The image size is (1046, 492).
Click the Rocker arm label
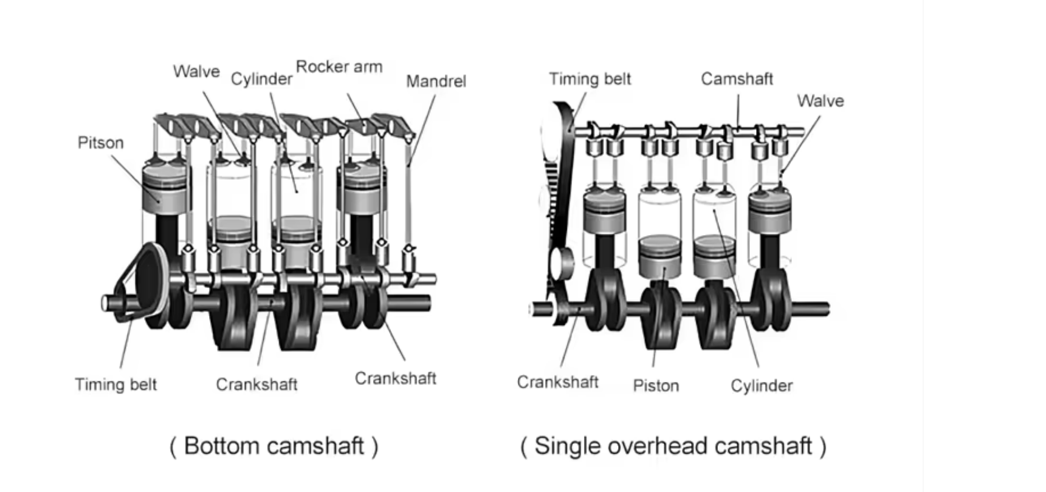[x=339, y=67]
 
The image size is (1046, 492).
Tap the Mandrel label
[x=436, y=81]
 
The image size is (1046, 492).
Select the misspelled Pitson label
[x=100, y=143]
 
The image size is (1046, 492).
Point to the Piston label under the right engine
[x=656, y=386]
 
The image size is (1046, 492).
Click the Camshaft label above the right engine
[x=737, y=79]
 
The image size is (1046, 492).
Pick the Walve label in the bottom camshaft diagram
[x=196, y=71]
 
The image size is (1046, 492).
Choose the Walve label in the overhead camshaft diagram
[x=821, y=101]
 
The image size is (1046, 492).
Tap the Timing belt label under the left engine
[x=115, y=384]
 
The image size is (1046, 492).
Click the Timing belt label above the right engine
[x=590, y=79]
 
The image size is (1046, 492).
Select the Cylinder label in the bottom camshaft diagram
[x=261, y=80]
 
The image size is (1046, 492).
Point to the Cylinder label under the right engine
[x=762, y=386]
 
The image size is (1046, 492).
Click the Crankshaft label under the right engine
[x=558, y=382]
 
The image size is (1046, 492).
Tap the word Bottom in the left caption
[x=221, y=446]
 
